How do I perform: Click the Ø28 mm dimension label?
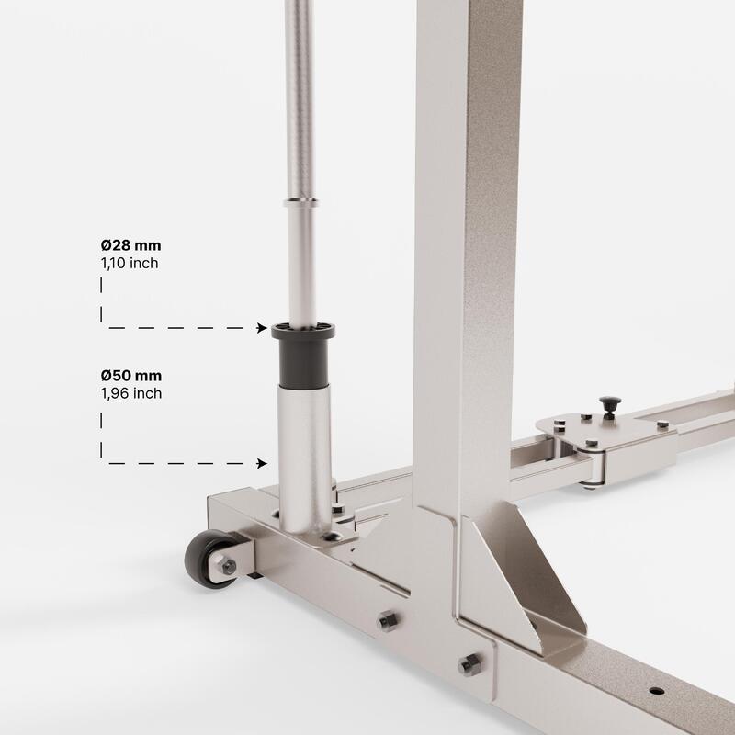[x=131, y=245]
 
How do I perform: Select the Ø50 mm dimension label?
[x=131, y=376]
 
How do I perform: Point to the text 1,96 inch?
[x=131, y=393]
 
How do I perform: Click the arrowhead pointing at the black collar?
[x=263, y=327]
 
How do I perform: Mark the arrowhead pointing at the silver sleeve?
[x=263, y=463]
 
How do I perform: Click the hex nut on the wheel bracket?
[x=229, y=566]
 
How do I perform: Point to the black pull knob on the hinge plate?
[x=609, y=404]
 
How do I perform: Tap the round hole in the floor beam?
[x=655, y=690]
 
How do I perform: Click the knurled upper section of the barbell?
[x=300, y=92]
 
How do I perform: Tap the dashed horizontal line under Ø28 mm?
[x=184, y=327]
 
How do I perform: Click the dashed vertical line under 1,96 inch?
[x=102, y=436]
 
